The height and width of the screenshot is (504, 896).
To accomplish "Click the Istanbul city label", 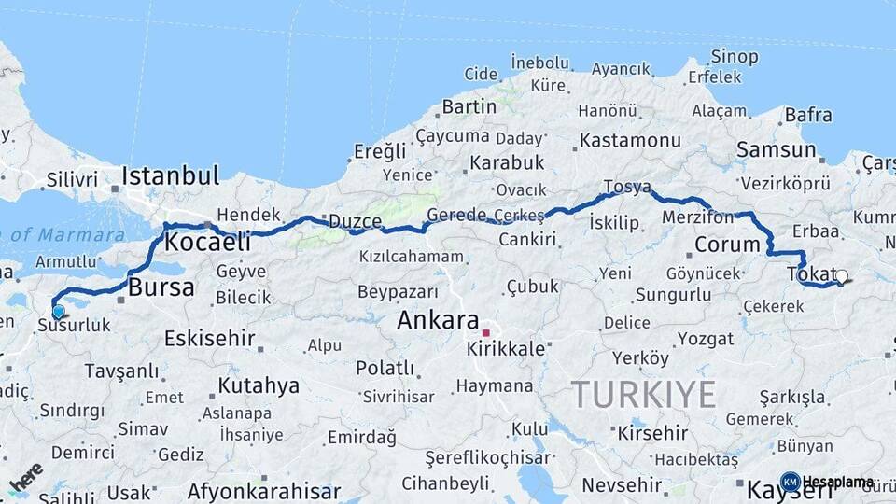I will click(x=171, y=175).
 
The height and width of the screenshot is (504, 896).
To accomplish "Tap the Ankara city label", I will click(x=438, y=320).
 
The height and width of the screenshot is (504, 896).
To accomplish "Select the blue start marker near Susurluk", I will click(x=59, y=312).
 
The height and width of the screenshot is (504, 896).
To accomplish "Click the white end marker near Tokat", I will click(x=842, y=276).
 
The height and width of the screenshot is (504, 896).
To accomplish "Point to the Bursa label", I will click(x=161, y=287).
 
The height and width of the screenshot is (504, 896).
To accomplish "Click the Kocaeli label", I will click(x=207, y=242).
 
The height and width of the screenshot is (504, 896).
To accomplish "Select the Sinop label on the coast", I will click(x=735, y=57).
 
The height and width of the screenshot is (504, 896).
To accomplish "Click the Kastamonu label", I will click(x=630, y=141).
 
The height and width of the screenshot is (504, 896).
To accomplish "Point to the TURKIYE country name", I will click(x=643, y=394).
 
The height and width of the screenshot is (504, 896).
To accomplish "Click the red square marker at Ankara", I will click(x=485, y=332).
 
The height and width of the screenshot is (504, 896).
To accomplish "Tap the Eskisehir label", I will click(x=209, y=338).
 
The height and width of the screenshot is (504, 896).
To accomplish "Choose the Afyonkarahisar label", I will click(x=264, y=491).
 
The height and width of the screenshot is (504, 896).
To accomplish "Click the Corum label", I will click(x=728, y=245).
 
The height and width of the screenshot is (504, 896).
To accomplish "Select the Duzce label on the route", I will click(x=355, y=222).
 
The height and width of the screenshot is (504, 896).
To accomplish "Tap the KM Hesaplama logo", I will click(x=828, y=482).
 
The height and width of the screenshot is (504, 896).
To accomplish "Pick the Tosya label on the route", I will click(x=627, y=187).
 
